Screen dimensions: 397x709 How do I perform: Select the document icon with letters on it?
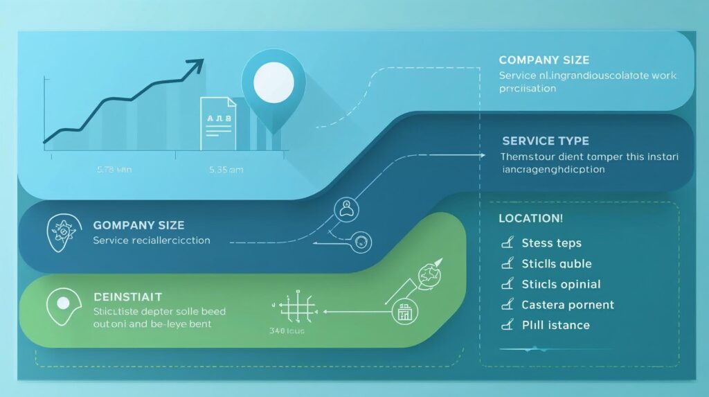click(x=218, y=123)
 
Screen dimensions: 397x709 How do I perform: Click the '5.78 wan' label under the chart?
click(x=114, y=168)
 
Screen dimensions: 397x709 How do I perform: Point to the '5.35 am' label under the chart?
click(x=225, y=168)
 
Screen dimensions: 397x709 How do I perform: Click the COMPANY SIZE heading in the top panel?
click(x=544, y=60)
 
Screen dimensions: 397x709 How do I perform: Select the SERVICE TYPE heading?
click(x=546, y=141)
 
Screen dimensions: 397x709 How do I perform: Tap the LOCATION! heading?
click(x=530, y=218)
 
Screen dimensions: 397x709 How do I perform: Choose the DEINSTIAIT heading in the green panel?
click(x=127, y=297)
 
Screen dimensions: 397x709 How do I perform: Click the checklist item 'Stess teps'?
click(x=551, y=243)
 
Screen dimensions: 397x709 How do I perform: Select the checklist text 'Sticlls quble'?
click(x=556, y=264)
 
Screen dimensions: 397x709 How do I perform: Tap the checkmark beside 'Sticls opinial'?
click(x=508, y=284)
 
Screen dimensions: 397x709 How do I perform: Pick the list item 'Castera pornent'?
click(x=568, y=305)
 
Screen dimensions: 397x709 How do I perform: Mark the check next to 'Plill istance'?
click(x=508, y=325)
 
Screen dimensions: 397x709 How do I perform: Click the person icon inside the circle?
click(x=344, y=207)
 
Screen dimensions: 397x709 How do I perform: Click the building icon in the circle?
click(x=404, y=313)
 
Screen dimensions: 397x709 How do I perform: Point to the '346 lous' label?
click(x=286, y=331)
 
